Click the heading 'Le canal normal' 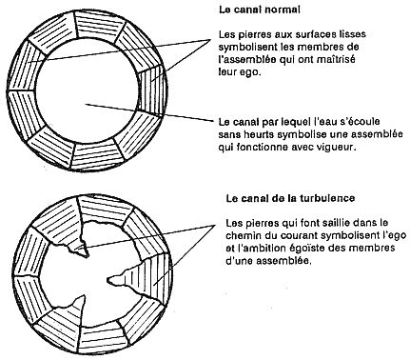pyautogui.click(x=260, y=10)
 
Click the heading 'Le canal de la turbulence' pyautogui.click(x=290, y=199)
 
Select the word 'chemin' pyautogui.click(x=243, y=236)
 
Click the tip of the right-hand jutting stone pyautogui.click(x=108, y=280)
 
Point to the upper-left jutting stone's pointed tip pyautogui.click(x=88, y=256)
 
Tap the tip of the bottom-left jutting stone pyautogui.click(x=85, y=295)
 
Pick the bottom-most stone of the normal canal pyautogui.click(x=96, y=156)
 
